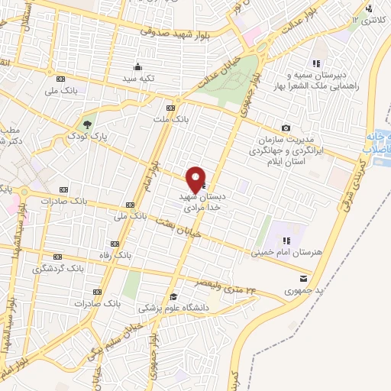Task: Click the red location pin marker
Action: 196,179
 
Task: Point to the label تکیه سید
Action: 141,79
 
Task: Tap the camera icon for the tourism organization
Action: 286,128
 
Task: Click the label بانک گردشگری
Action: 57,269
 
